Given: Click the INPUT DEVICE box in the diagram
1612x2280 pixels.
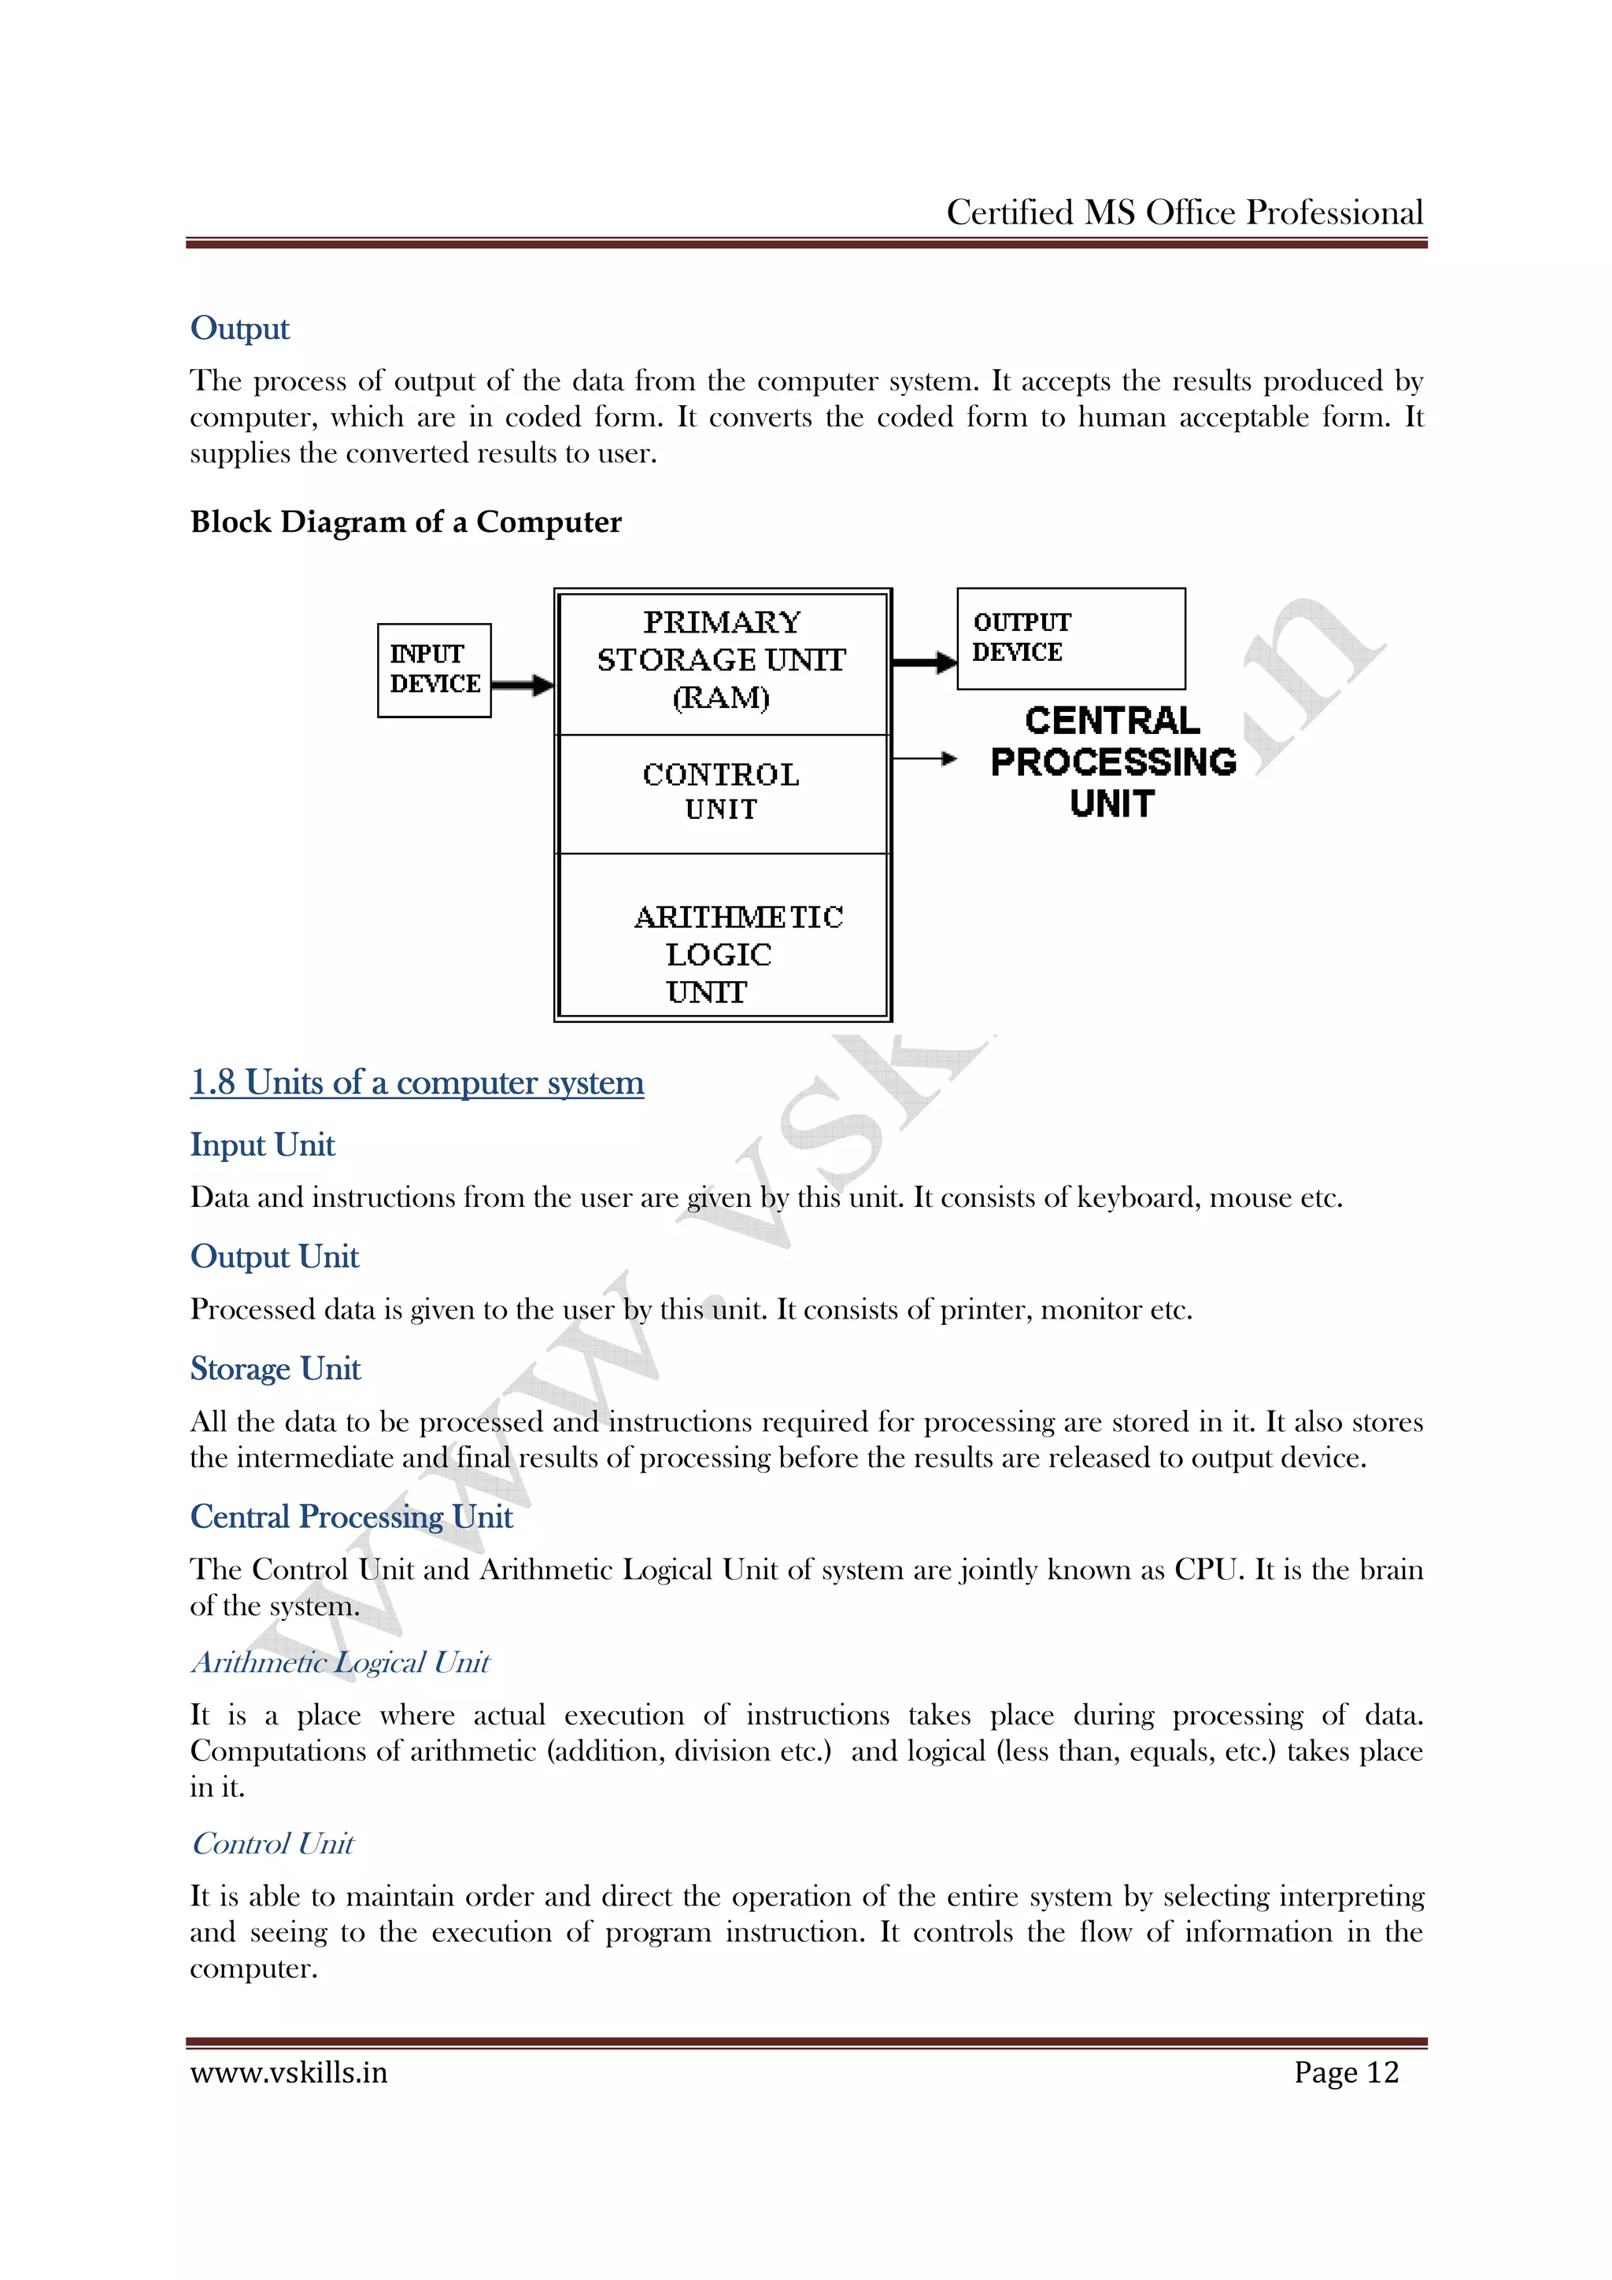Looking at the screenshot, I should tap(434, 670).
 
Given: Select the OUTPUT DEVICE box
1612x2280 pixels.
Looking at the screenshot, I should tap(1070, 639).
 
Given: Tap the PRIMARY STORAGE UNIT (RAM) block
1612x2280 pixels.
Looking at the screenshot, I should tap(722, 660).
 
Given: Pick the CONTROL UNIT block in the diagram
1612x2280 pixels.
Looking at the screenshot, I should tap(722, 792).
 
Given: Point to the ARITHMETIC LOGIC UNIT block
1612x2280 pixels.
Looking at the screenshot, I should tap(722, 954).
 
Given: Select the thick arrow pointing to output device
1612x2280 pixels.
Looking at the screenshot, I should tap(924, 662).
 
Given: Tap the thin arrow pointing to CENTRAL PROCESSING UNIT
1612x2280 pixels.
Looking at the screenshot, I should tap(924, 758).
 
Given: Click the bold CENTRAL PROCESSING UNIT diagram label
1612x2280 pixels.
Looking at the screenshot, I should tap(1112, 762).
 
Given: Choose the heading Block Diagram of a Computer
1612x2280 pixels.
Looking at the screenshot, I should tap(405, 522).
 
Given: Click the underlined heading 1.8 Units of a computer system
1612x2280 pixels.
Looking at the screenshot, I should tap(417, 1083).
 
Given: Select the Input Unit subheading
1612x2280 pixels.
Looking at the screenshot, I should tap(262, 1145).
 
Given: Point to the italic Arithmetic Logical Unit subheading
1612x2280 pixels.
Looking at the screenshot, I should tap(340, 1663).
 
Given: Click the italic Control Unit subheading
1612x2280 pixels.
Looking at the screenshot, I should tap(272, 1844).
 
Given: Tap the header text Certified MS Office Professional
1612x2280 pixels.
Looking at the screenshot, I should tap(1184, 212).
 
